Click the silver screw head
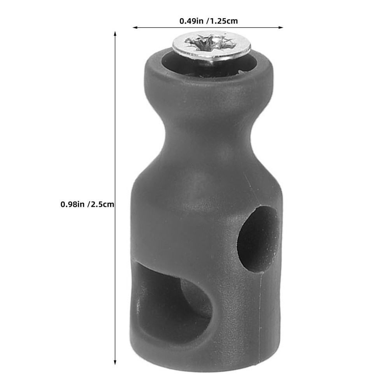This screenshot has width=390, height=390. pyautogui.click(x=212, y=46)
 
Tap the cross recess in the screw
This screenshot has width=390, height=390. pyautogui.click(x=210, y=42)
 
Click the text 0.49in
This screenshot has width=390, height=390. pyautogui.click(x=191, y=21)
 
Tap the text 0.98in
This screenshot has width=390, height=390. pyautogui.click(x=73, y=204)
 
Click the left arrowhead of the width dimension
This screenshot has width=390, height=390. pyautogui.click(x=135, y=27)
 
